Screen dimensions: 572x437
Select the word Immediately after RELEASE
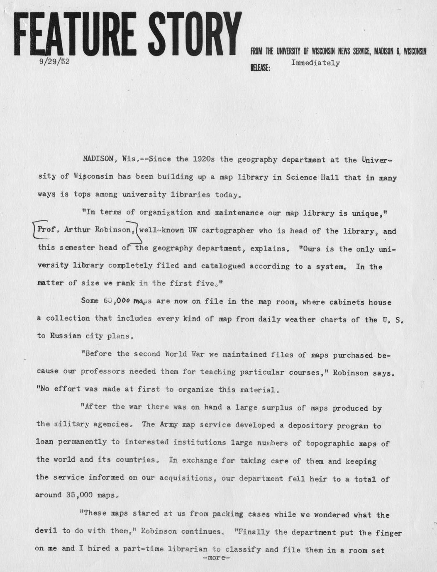coord(315,63)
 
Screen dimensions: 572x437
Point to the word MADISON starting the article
coord(99,159)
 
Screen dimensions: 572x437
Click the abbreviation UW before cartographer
coord(193,230)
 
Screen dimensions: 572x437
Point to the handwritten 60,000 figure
coord(118,301)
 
